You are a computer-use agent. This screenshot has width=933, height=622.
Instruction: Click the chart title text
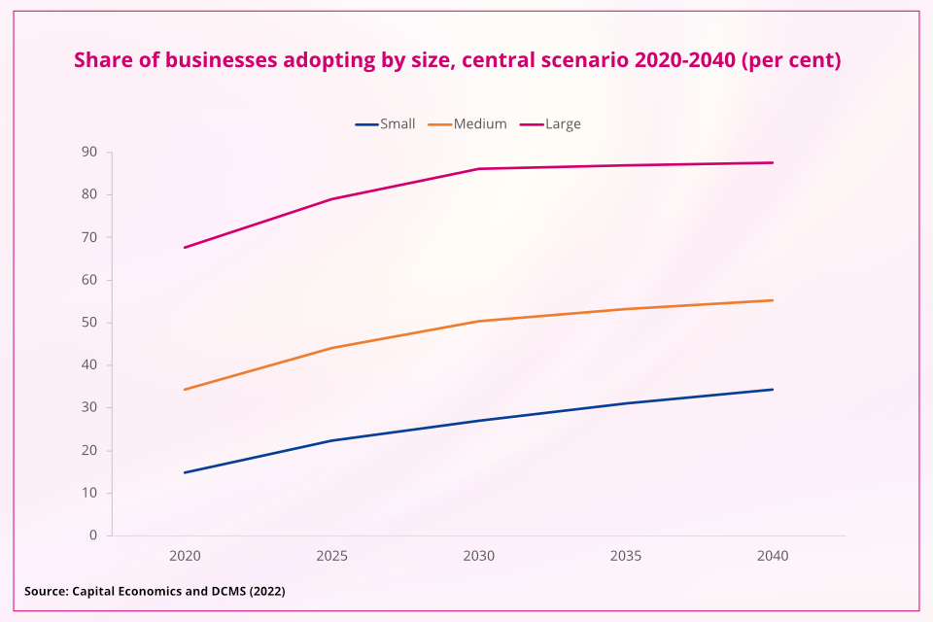click(x=457, y=60)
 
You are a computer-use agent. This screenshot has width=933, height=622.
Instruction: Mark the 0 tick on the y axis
click(x=93, y=536)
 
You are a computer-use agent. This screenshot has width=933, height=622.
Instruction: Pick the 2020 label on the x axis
click(x=185, y=557)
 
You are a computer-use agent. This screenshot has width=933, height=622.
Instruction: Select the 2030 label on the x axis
click(x=479, y=557)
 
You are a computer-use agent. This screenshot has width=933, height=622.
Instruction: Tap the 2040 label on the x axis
click(x=773, y=557)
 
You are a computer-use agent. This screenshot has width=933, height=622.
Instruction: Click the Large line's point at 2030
click(x=479, y=169)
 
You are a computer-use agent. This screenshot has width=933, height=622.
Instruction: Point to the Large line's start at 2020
click(x=185, y=248)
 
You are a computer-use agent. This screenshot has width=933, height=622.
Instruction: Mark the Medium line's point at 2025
click(x=331, y=348)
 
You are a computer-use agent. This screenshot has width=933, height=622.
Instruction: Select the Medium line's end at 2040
click(x=773, y=300)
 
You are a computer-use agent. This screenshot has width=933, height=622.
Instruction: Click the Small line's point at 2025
click(x=331, y=440)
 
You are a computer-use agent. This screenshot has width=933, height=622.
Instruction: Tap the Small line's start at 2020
click(x=185, y=472)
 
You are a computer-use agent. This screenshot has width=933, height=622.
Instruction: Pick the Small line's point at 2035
click(x=626, y=403)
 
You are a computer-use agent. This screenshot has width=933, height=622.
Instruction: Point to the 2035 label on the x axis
click(x=626, y=557)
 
